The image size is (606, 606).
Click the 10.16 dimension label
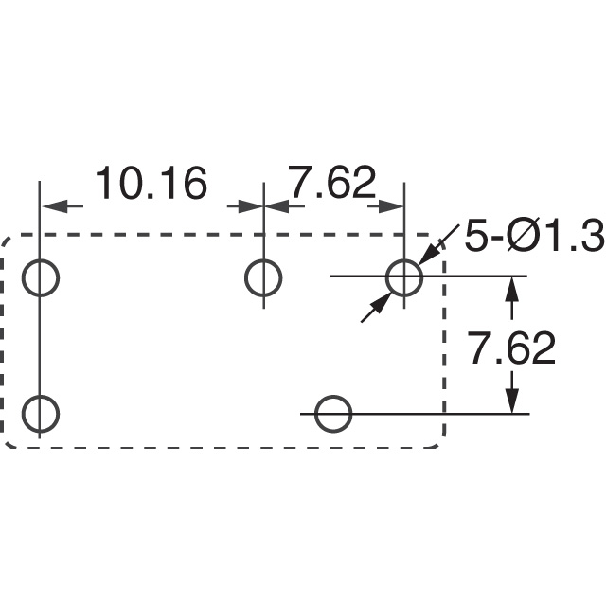[151, 183]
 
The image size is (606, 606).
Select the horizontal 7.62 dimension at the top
[333, 183]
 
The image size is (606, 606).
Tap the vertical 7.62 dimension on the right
[512, 348]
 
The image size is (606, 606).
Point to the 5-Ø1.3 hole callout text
[534, 236]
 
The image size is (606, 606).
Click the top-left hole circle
[40, 259]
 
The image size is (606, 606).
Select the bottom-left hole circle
[40, 396]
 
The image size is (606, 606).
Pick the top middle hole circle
[263, 259]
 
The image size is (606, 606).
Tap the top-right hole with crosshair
[404, 258]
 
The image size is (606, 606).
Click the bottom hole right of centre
[333, 396]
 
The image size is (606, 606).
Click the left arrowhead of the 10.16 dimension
[52, 206]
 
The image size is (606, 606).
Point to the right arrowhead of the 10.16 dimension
[250, 206]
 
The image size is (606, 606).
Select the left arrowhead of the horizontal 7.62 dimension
[276, 206]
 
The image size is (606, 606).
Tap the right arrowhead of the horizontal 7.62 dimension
[391, 206]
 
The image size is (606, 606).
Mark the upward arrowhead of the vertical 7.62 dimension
[512, 290]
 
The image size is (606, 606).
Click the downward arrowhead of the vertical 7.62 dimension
[512, 400]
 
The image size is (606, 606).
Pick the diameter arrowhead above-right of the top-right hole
[428, 254]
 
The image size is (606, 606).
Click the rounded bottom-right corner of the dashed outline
[439, 443]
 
